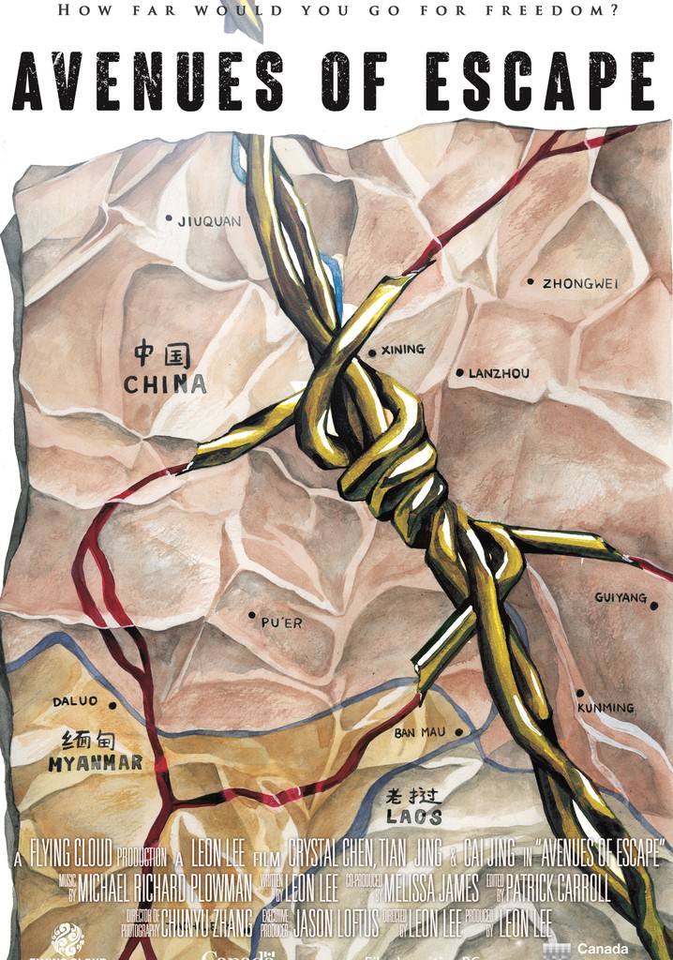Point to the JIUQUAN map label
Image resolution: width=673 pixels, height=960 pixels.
209,221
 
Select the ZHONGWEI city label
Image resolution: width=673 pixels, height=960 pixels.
580,283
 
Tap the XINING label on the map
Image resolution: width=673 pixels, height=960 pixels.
403,350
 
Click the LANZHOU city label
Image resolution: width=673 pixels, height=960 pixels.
499,373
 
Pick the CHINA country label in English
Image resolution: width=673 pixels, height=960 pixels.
165,383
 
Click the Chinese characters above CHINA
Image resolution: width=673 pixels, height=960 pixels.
162,355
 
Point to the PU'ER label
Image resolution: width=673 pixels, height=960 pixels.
281,622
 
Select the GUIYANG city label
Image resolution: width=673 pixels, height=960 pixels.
621,597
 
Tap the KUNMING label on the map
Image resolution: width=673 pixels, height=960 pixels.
606,708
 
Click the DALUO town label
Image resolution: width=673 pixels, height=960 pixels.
75,700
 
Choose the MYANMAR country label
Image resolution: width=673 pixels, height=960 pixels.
96,763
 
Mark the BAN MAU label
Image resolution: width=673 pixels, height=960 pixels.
420,732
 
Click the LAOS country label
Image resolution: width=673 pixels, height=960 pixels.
414,817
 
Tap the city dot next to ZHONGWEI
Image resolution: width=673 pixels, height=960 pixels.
530,281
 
